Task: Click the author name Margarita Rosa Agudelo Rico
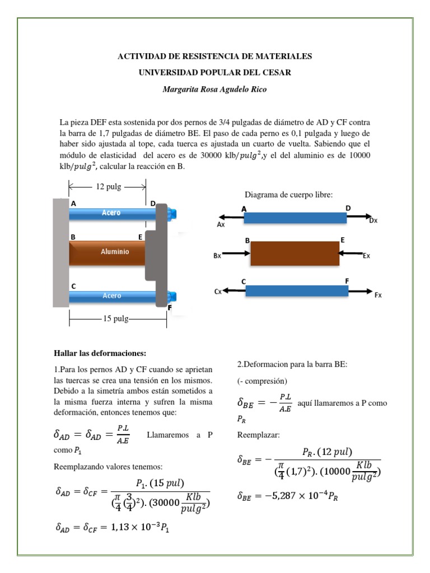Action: pyautogui.click(x=214, y=90)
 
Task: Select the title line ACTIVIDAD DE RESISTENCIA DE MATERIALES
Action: pyautogui.click(x=214, y=57)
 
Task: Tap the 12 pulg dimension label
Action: pyautogui.click(x=109, y=186)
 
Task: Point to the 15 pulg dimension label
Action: pyautogui.click(x=116, y=318)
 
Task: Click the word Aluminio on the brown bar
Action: pyautogui.click(x=115, y=252)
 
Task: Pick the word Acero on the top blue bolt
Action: pyautogui.click(x=111, y=213)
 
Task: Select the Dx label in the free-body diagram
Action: pyautogui.click(x=373, y=220)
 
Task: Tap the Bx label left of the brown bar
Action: pyautogui.click(x=218, y=256)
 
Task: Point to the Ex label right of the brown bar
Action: pyautogui.click(x=367, y=256)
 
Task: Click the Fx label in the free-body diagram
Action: pyautogui.click(x=378, y=295)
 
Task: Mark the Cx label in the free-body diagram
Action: pyautogui.click(x=218, y=292)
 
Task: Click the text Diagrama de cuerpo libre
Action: pyautogui.click(x=288, y=195)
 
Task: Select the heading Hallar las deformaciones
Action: pyautogui.click(x=100, y=353)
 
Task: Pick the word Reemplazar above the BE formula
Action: pyautogui.click(x=257, y=434)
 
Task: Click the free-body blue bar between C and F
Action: pyautogui.click(x=297, y=291)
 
